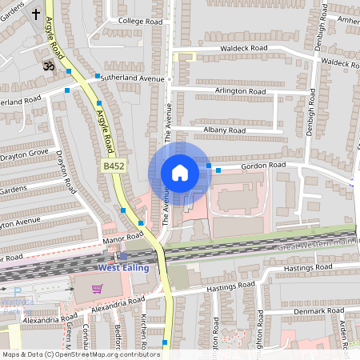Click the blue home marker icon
coord(179,173)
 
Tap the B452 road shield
coord(113,166)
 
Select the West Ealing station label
coord(123,267)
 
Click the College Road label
coord(140,21)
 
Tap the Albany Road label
coord(225,130)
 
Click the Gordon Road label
coord(265,165)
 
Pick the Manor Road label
coord(122,237)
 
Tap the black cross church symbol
coord(36,14)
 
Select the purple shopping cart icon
coord(98,289)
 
